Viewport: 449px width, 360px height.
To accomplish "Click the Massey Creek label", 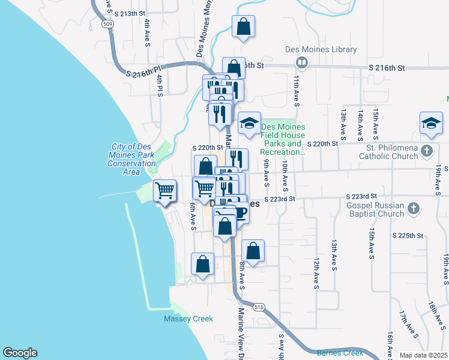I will (x=188, y=319).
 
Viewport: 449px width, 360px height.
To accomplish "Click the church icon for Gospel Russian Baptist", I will (x=412, y=208).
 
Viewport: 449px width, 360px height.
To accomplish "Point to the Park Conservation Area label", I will (x=133, y=159).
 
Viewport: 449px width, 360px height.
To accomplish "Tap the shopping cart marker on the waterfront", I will (x=164, y=191).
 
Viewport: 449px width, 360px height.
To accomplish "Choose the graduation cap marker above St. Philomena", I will (x=430, y=124).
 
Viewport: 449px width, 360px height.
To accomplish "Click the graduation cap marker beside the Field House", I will (x=249, y=124).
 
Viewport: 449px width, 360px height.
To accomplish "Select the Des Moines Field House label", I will (x=282, y=139).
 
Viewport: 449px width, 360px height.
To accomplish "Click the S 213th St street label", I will (x=133, y=13).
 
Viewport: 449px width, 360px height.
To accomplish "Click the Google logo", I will (x=20, y=353).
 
